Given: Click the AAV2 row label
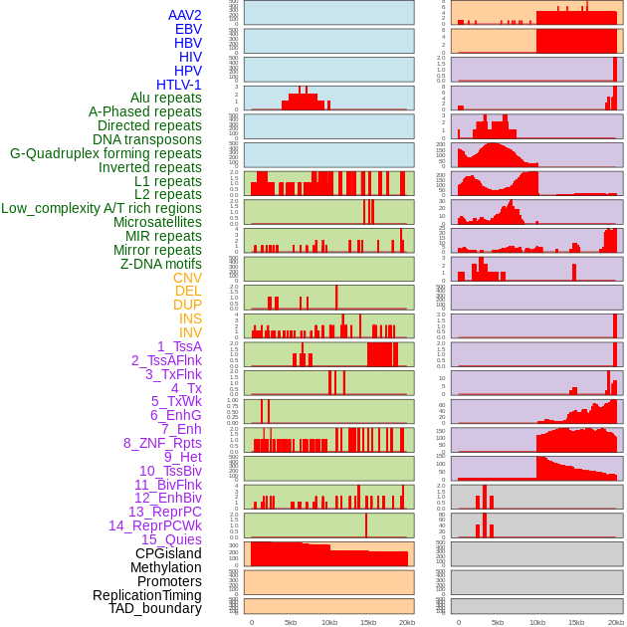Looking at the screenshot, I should point(185,15).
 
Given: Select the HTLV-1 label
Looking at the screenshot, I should point(179,85).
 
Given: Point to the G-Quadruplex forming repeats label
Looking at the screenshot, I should point(105,153).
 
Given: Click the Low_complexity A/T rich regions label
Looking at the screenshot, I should point(102,208).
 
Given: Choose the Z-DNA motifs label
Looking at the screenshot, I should point(161,264).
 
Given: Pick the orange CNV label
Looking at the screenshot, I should point(187,278).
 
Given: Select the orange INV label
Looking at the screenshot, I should point(190,332).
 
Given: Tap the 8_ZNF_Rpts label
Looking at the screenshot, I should point(162,443).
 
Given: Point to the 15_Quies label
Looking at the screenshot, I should point(171,539).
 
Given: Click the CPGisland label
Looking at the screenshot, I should point(168,553).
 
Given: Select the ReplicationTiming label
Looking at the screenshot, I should point(147,595).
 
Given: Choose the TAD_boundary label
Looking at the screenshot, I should point(155,608).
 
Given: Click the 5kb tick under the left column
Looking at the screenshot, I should point(291,622).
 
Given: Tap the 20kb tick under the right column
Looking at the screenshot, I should point(614,622).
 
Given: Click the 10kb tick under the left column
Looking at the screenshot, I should point(328,622).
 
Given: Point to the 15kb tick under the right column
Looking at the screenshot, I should point(575,622).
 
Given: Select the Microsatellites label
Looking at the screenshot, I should point(157,222).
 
